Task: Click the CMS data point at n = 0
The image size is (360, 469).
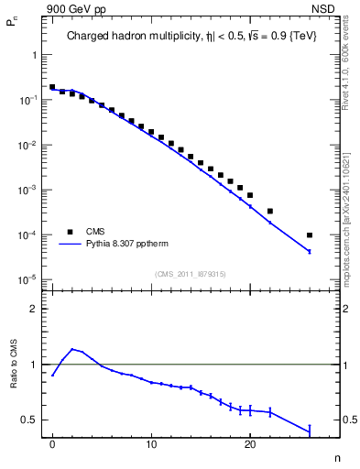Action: [x=52, y=87]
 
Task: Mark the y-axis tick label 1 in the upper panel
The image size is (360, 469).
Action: [x=33, y=54]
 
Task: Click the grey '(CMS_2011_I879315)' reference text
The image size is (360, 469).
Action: [x=190, y=273]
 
